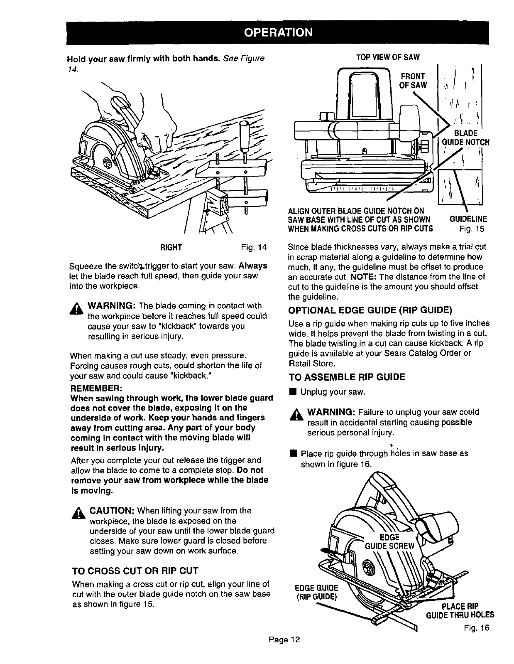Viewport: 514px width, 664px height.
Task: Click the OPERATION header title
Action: coord(277,32)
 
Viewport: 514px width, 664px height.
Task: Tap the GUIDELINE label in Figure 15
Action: coord(468,219)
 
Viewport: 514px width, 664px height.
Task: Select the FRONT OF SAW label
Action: coord(412,81)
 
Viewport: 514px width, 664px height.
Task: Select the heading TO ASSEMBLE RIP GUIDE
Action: coord(347,377)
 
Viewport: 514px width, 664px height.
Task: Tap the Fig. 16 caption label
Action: coord(477,627)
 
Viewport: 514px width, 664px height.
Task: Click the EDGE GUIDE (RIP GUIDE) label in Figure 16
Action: coord(316,592)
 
